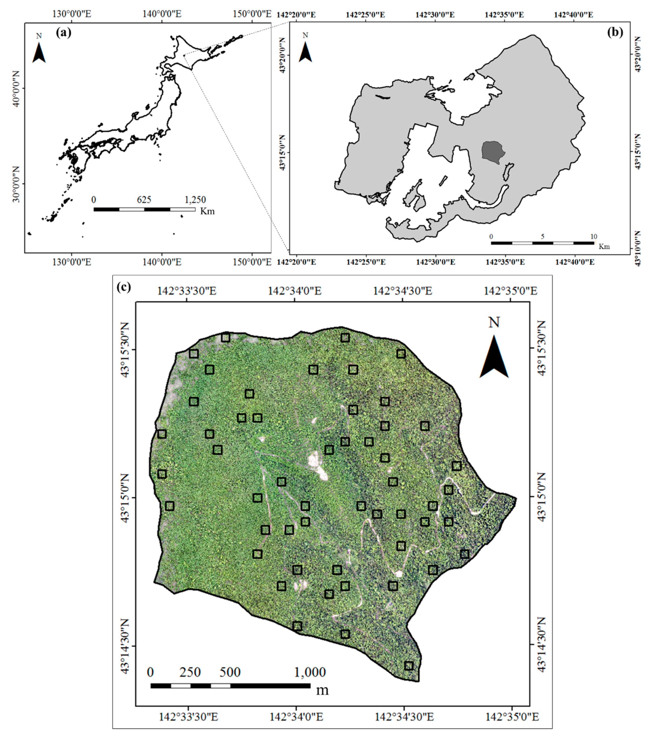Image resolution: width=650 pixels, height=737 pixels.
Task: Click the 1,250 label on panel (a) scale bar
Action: tap(195, 200)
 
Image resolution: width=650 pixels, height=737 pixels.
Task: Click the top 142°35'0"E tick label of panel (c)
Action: tap(511, 291)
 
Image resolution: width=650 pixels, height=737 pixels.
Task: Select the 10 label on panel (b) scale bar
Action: tap(593, 237)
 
